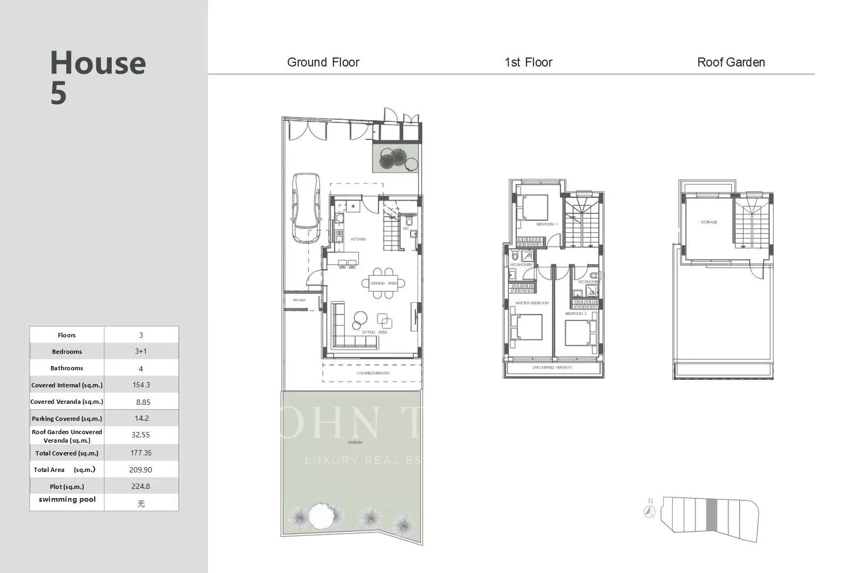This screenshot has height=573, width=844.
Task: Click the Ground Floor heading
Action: pyautogui.click(x=323, y=62)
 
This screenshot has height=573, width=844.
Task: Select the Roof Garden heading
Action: pyautogui.click(x=731, y=62)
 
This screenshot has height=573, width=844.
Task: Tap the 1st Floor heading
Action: pyautogui.click(x=528, y=62)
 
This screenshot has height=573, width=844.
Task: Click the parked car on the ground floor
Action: pyautogui.click(x=305, y=207)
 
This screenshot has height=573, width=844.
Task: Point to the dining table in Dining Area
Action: pyautogui.click(x=383, y=283)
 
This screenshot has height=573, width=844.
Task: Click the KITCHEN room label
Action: pyautogui.click(x=358, y=239)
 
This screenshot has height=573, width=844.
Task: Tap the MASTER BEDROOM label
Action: pyautogui.click(x=532, y=303)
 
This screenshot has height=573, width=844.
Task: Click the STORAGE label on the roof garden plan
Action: pyautogui.click(x=709, y=222)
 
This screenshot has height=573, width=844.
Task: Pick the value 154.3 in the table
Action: pyautogui.click(x=141, y=385)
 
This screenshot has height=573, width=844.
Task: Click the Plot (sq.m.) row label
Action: pyautogui.click(x=67, y=486)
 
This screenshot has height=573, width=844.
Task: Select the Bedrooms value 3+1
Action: pyautogui.click(x=141, y=352)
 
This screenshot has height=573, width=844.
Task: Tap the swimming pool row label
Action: pyautogui.click(x=67, y=500)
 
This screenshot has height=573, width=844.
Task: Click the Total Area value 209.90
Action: pyautogui.click(x=141, y=470)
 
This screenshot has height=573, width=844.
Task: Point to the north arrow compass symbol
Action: pyautogui.click(x=649, y=511)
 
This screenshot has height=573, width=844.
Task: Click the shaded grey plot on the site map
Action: pyautogui.click(x=712, y=514)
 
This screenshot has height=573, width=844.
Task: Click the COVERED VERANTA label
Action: pyautogui.click(x=373, y=373)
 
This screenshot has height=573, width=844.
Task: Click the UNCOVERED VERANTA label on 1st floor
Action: pyautogui.click(x=552, y=368)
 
